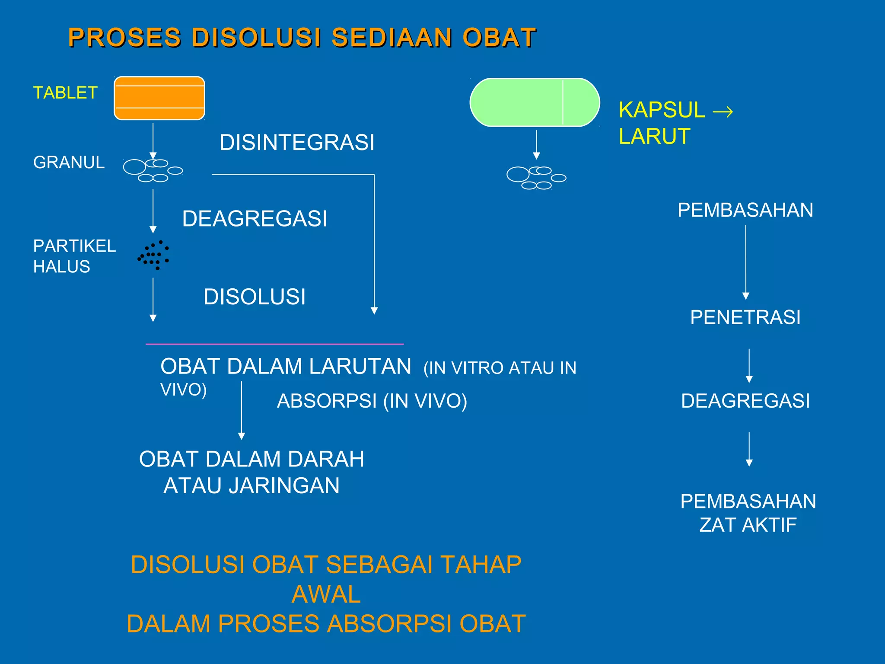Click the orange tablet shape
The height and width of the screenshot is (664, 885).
159,98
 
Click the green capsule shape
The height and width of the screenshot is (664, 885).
535,102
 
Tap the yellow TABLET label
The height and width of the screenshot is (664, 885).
65,93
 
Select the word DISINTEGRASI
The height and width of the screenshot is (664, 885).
297,143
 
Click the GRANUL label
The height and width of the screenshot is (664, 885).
69,163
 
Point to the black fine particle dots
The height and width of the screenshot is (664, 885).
154,255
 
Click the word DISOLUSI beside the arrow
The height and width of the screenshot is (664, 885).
255,297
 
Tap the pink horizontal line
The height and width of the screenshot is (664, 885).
274,344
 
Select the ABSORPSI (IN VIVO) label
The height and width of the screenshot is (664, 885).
372,401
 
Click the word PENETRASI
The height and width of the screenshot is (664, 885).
745,317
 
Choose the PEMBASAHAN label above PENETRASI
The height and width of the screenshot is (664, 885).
745,211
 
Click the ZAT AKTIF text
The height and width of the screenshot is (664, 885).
748,525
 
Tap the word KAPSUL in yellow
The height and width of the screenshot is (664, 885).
662,110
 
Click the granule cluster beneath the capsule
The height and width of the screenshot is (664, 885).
536,178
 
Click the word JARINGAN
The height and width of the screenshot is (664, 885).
284,485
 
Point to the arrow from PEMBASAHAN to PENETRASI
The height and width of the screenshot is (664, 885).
745,262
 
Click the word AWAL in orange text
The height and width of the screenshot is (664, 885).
326,594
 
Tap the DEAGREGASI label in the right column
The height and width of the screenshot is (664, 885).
745,401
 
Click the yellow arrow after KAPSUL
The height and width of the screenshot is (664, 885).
723,112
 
